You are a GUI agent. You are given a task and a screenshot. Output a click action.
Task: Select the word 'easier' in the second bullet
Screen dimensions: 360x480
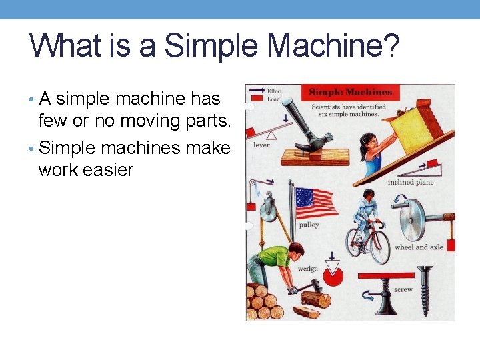click(x=106, y=170)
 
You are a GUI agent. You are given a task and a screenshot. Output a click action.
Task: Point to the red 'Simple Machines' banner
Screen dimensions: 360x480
click(x=351, y=92)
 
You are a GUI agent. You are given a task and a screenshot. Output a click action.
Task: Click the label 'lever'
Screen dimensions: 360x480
click(x=261, y=145)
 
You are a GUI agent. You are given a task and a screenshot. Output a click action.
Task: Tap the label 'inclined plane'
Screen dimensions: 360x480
click(x=411, y=182)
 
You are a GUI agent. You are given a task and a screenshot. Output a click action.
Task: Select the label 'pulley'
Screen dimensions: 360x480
click(x=309, y=225)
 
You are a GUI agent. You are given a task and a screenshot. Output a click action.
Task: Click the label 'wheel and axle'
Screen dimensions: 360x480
click(x=418, y=247)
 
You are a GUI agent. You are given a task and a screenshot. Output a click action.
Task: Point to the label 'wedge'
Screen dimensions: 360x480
click(x=307, y=269)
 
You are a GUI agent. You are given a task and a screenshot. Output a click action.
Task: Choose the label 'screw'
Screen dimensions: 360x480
click(x=403, y=290)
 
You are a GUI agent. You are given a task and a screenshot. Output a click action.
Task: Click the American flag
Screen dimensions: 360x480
click(x=316, y=201)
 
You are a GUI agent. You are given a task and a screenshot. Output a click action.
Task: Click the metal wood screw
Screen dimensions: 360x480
click(x=425, y=291)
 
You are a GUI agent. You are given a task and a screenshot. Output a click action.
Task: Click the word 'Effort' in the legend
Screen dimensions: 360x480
click(x=274, y=91)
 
